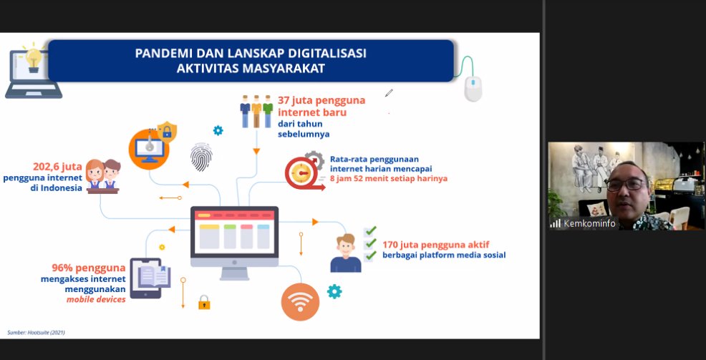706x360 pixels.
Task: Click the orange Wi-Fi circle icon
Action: point(300,302)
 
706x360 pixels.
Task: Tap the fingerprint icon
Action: point(200,157)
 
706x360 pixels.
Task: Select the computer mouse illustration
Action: point(473,89)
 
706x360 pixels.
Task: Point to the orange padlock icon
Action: point(204,302)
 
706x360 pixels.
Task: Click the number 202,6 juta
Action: point(57,167)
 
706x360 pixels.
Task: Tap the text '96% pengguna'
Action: point(89,268)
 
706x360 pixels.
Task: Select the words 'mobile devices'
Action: point(96,299)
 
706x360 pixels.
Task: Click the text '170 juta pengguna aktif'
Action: point(436,245)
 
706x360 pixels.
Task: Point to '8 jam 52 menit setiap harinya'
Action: point(389,179)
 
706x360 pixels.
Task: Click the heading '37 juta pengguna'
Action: point(321,100)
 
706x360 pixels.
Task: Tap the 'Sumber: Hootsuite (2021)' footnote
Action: point(36,333)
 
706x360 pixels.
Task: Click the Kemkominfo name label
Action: point(589,223)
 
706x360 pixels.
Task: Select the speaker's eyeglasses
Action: point(626,184)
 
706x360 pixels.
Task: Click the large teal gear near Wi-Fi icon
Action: point(334,291)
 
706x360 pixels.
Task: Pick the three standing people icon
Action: point(256,111)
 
